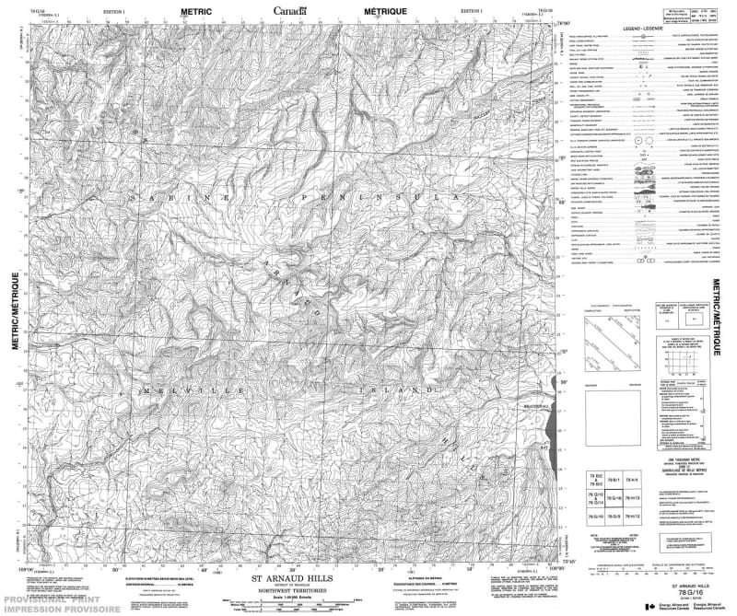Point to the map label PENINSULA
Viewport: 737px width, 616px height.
405,197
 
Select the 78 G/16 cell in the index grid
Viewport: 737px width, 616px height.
611,497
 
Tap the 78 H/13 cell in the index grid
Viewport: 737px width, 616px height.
631,497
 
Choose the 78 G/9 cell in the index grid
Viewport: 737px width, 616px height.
611,518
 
